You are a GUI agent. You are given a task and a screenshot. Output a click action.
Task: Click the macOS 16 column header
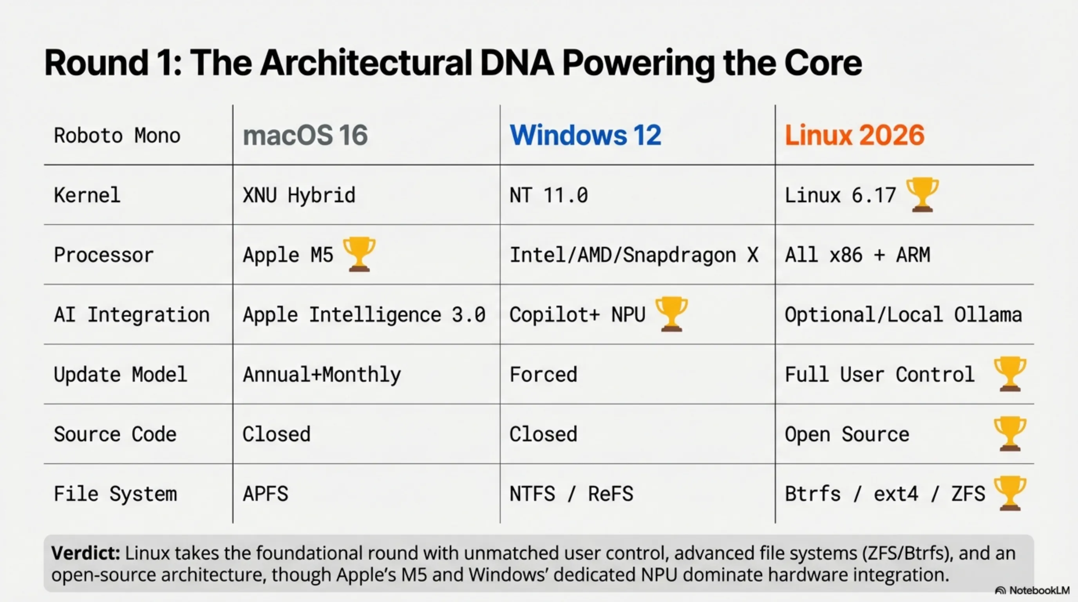tap(305, 135)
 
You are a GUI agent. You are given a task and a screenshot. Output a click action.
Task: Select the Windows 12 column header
tap(585, 135)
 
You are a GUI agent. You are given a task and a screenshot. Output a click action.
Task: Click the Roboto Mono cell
tap(117, 136)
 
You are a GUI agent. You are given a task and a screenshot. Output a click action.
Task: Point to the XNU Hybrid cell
tap(299, 196)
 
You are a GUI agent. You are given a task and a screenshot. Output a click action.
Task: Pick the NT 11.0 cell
tap(549, 196)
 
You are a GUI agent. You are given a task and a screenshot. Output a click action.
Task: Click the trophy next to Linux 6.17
tap(922, 195)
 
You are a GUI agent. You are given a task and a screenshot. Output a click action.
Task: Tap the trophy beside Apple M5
tap(359, 254)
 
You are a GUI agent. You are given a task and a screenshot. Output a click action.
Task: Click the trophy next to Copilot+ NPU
tap(672, 314)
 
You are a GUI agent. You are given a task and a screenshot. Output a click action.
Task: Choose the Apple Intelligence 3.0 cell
tap(364, 315)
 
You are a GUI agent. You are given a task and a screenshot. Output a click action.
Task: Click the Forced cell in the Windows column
tap(543, 374)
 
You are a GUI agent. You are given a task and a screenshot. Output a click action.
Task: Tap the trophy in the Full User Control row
tap(1010, 374)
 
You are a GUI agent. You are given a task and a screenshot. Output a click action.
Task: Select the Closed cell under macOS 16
tap(277, 434)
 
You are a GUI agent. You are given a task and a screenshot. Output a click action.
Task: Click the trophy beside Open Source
tap(1010, 434)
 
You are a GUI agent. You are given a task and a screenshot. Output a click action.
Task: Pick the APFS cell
tap(265, 494)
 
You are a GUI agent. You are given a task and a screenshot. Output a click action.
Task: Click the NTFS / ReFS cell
tap(571, 494)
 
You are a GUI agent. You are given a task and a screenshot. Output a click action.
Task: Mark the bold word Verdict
tap(86, 553)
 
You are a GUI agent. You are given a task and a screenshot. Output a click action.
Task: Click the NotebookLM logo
tap(1032, 590)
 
